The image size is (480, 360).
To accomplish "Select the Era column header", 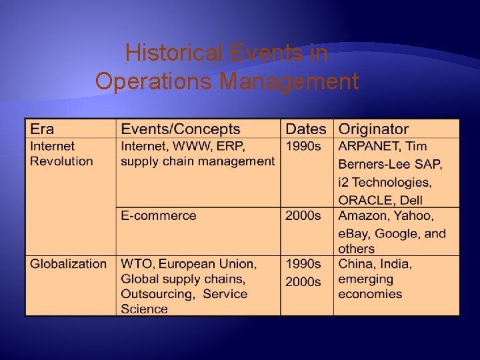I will [x=42, y=129].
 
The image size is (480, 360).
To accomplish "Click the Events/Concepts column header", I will [x=180, y=129].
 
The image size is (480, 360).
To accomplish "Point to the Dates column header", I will [x=306, y=129].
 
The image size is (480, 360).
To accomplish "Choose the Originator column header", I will [x=373, y=129].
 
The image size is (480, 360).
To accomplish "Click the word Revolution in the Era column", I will [x=61, y=161].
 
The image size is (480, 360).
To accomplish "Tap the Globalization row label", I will [x=68, y=264].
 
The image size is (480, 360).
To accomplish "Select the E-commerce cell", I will [x=159, y=216].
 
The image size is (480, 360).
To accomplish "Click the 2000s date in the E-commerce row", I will [x=303, y=216].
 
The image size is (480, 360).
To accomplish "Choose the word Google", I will [x=398, y=234].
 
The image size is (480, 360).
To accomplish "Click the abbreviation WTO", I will [x=135, y=264].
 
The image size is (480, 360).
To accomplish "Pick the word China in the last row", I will [x=355, y=264].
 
